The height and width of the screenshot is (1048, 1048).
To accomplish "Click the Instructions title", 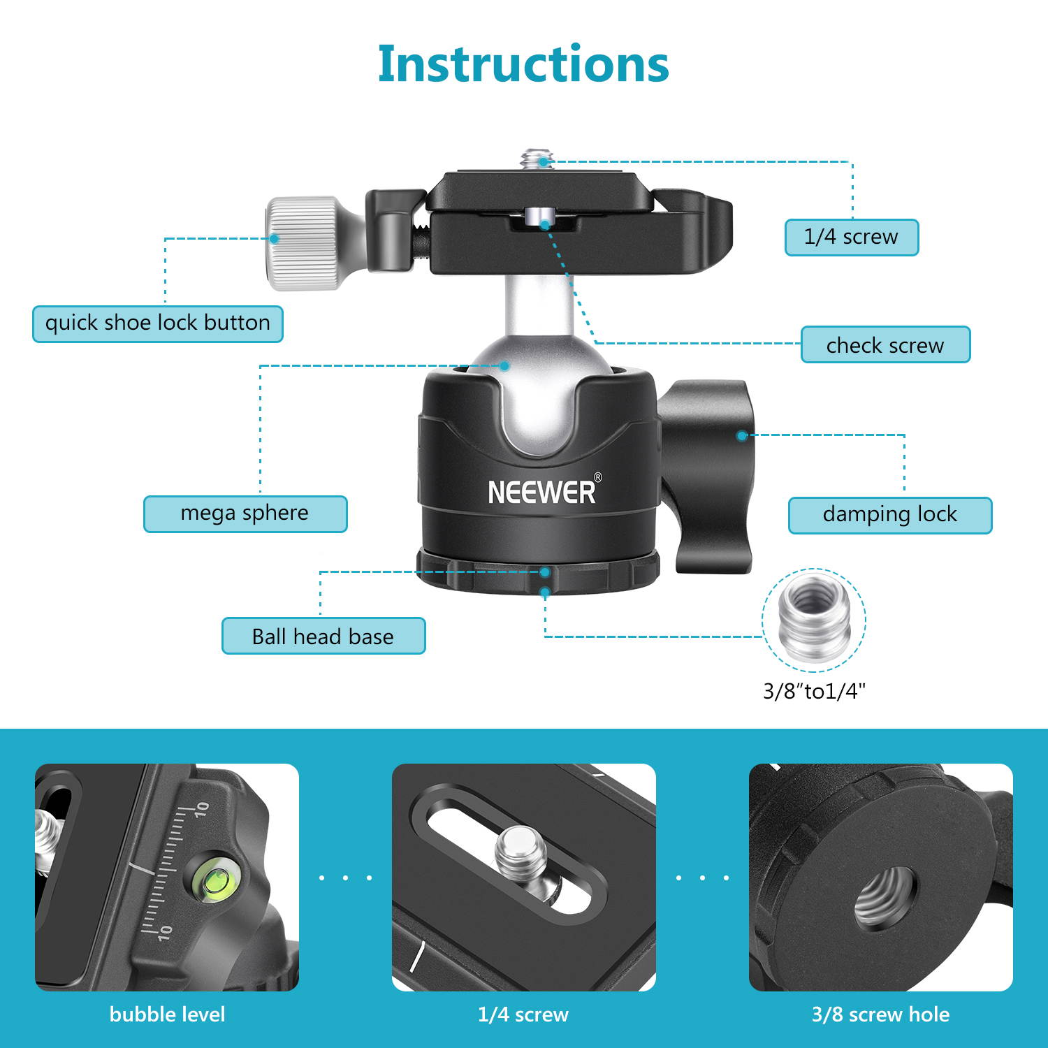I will click(x=523, y=64).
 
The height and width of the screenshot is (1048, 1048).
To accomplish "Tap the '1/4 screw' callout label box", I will click(x=851, y=238).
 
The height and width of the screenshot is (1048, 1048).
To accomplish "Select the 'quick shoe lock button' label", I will click(x=158, y=323).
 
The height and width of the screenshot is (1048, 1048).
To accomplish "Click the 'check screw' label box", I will click(x=885, y=345).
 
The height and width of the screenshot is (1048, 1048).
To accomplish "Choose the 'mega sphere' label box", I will click(x=245, y=514).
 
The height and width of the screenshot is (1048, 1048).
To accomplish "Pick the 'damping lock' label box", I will click(x=889, y=515).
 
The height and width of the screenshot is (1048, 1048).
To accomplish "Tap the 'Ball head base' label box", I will click(x=323, y=636).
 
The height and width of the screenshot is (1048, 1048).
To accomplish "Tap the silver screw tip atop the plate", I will click(x=537, y=159).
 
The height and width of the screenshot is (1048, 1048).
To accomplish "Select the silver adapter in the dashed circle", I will click(x=813, y=619).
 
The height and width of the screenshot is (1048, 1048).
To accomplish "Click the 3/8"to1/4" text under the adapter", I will click(x=814, y=692).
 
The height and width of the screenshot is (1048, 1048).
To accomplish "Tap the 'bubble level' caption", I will click(x=167, y=1014).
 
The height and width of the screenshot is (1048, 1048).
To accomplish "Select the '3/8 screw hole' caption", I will click(x=880, y=1014).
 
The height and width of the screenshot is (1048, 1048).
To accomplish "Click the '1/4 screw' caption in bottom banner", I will click(x=523, y=1014).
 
